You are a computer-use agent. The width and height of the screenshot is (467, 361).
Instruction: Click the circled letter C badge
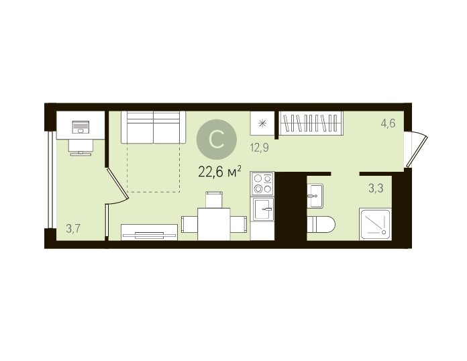[x=217, y=140]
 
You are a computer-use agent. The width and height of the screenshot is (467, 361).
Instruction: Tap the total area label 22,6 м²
[x=219, y=172]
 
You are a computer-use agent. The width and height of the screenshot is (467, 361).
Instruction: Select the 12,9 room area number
[x=260, y=148]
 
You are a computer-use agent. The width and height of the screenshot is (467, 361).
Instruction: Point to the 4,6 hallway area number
[x=388, y=123]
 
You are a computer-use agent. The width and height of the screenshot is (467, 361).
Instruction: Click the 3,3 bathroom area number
[x=376, y=189]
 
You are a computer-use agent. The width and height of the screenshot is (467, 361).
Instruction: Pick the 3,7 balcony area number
[x=73, y=229]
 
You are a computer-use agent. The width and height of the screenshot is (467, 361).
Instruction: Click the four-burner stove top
[x=262, y=183]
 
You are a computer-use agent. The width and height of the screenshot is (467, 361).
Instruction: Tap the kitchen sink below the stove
[x=263, y=209]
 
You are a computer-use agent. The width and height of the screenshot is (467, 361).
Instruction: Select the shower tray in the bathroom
[x=375, y=224]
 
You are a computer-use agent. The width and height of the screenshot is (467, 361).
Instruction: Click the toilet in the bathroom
[x=321, y=224]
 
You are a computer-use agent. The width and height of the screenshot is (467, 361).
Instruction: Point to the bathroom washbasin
[x=315, y=196]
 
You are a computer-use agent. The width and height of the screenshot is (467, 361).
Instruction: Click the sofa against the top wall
[x=154, y=127]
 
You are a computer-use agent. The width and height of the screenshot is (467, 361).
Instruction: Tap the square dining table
[x=214, y=224]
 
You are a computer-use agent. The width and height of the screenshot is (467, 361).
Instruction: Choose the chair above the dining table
[x=214, y=199]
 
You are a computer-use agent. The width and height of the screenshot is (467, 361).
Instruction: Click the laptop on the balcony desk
[x=81, y=127]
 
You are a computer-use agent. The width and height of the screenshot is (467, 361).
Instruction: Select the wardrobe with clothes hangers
[x=311, y=123]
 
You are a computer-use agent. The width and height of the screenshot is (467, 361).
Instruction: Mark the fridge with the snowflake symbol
[x=262, y=123]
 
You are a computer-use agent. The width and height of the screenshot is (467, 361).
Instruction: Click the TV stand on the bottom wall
[x=149, y=232]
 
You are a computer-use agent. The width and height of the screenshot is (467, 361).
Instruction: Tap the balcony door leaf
[x=117, y=184]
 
